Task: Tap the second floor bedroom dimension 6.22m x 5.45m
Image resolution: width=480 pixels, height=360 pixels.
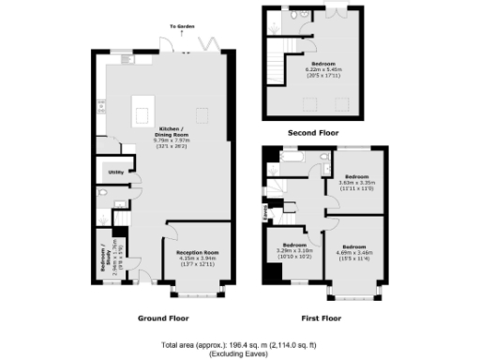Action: coord(322,70)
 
